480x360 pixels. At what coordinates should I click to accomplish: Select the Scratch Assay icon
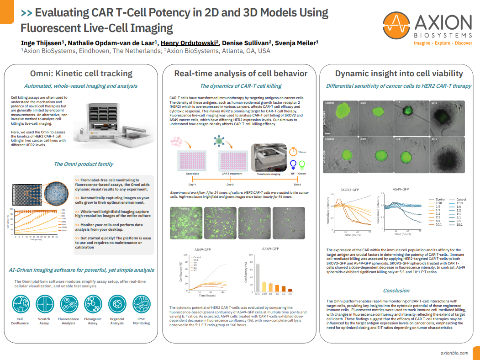(x=44, y=305)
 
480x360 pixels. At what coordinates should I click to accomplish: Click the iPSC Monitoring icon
(x=141, y=305)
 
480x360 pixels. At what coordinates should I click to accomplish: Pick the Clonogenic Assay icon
(x=93, y=305)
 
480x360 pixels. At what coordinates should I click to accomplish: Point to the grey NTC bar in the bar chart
(x=257, y=277)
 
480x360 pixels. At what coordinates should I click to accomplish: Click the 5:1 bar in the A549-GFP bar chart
(x=290, y=290)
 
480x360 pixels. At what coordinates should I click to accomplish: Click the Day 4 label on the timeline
(x=296, y=184)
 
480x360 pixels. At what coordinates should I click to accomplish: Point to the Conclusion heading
(x=396, y=291)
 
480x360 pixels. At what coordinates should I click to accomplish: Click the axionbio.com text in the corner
(x=454, y=353)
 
